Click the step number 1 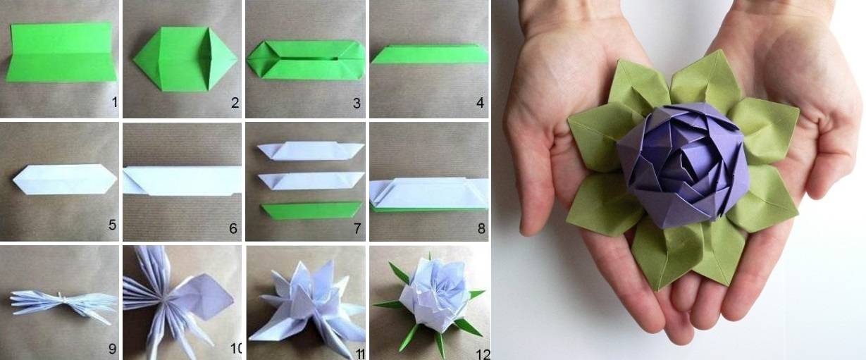tap(114, 102)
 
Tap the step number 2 tap(235, 102)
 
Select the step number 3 tap(357, 103)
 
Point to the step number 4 tap(480, 102)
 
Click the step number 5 tap(113, 225)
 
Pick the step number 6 tap(233, 228)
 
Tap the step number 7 tap(357, 228)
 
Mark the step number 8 tap(481, 228)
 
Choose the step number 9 tap(112, 349)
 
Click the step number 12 tap(483, 354)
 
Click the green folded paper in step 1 tap(61, 52)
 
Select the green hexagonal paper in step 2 tap(185, 59)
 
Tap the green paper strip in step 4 tap(429, 54)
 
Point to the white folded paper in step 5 tap(65, 179)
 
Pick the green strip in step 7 tap(311, 210)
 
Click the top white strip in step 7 tap(311, 151)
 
